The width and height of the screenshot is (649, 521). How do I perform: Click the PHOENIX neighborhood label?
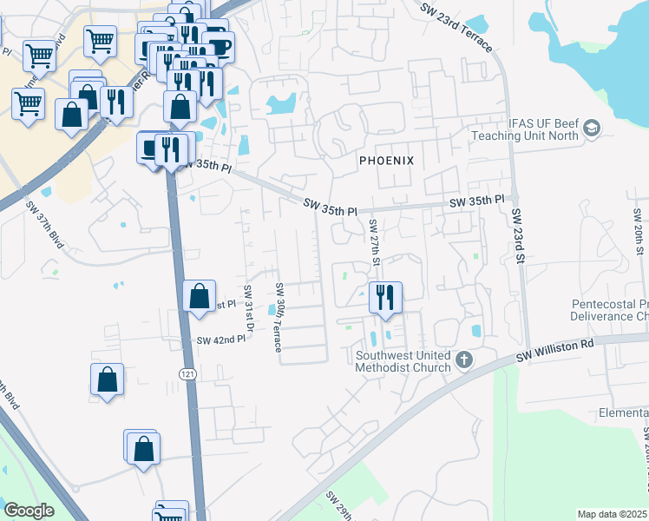pos(386,161)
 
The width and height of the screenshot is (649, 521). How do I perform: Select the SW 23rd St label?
pos(518,235)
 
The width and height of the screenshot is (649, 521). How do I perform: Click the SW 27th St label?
pos(375,243)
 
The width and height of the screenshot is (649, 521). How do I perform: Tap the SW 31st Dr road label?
pos(247,309)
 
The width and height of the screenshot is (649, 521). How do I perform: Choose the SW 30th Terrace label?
pos(279,317)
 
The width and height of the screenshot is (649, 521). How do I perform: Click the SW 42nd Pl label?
pos(221,340)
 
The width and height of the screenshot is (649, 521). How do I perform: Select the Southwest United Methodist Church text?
pos(403,361)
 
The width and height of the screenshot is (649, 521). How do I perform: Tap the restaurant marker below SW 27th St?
pos(384,297)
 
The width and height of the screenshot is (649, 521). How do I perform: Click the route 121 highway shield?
pos(187,373)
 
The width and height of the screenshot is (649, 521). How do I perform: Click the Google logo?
pos(29,510)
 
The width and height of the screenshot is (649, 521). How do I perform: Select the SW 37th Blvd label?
pos(44,225)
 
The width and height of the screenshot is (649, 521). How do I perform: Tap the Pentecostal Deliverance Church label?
pos(609,311)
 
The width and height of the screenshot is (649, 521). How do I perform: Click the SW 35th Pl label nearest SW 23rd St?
pos(476,201)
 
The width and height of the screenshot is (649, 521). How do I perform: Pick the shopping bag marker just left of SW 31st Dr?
pos(200,296)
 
